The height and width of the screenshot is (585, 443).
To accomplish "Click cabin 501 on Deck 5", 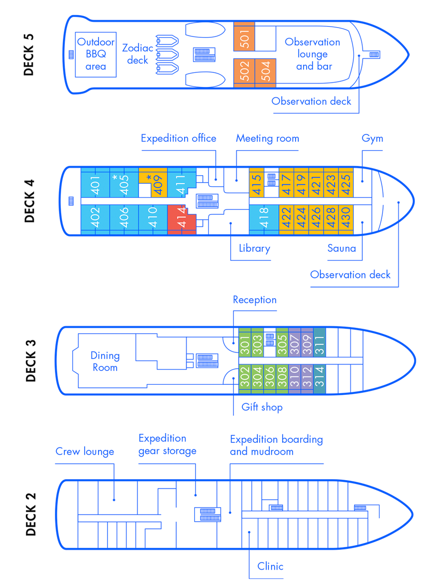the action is click(244, 37).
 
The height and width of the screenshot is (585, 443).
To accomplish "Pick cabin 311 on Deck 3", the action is click(319, 342).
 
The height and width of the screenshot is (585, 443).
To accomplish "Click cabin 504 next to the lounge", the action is click(265, 73).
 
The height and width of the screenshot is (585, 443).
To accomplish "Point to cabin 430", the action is click(346, 220).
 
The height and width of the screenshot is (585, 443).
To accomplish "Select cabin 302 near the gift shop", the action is click(245, 379).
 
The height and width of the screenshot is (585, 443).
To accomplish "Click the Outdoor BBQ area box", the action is click(96, 55).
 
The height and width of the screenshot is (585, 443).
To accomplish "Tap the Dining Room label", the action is click(105, 362).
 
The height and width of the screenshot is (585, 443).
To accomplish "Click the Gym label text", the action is click(373, 139).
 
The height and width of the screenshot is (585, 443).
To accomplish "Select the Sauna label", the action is click(342, 249).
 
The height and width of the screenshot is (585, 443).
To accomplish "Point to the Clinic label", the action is click(270, 566).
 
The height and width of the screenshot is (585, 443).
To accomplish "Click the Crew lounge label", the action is click(85, 452).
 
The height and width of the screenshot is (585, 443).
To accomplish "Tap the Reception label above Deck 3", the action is click(255, 300).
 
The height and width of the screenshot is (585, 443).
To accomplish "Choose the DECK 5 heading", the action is click(29, 55).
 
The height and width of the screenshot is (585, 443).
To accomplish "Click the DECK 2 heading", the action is click(31, 515).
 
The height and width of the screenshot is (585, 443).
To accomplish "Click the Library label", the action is click(255, 249).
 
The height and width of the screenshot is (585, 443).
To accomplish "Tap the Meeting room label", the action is click(268, 139).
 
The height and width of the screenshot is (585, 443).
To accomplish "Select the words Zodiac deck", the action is click(138, 54).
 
